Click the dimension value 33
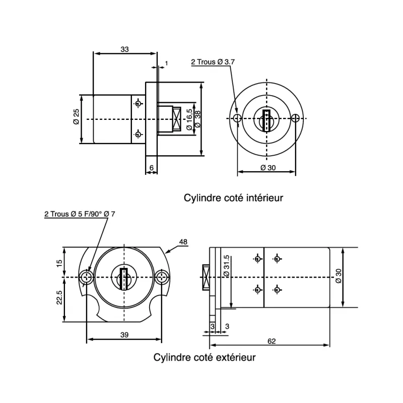(x=124, y=49)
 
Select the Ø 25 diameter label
(x=76, y=119)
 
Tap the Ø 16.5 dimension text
(x=189, y=119)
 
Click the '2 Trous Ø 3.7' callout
(x=213, y=62)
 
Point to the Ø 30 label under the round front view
(x=267, y=167)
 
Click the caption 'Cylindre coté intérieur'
(x=233, y=198)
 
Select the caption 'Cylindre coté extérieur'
(x=205, y=358)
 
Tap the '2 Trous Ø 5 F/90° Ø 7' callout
(x=80, y=214)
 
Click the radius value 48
(x=183, y=242)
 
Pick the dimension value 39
(x=124, y=334)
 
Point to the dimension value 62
(x=272, y=341)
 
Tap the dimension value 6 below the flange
(x=151, y=167)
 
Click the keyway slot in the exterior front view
(x=123, y=278)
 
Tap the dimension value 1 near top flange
(x=166, y=63)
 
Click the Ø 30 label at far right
(x=339, y=276)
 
